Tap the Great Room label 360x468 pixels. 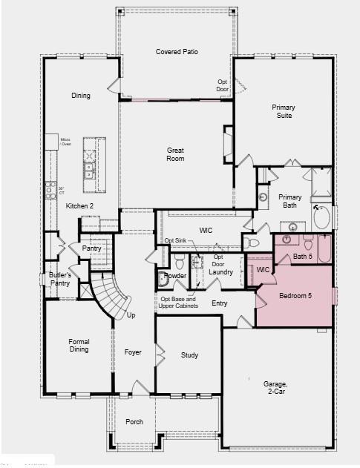point(175,154)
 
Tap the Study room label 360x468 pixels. point(189,355)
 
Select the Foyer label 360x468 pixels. point(133,352)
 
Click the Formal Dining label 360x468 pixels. point(79,346)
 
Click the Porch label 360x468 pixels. point(134,422)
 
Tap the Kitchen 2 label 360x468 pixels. point(80,205)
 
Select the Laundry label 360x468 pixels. point(221,272)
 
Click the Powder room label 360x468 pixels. point(175,276)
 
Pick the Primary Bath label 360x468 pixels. point(290,202)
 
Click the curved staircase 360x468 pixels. point(111,294)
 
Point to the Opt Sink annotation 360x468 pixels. point(174,241)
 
